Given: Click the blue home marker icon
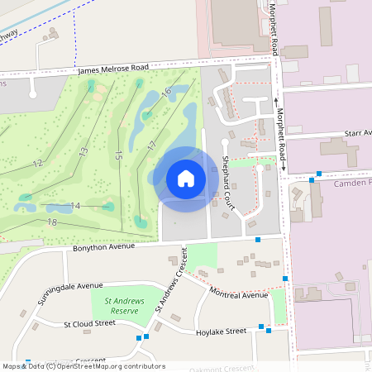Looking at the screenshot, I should (x=185, y=178).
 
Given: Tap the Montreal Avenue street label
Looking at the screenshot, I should (x=239, y=294).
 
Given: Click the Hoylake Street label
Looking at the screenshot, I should (x=221, y=331).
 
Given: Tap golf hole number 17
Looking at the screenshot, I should (x=151, y=146).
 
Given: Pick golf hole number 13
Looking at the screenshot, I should (x=83, y=153).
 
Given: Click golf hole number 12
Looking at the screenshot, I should (x=38, y=164).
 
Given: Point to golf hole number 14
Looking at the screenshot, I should (x=74, y=205).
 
